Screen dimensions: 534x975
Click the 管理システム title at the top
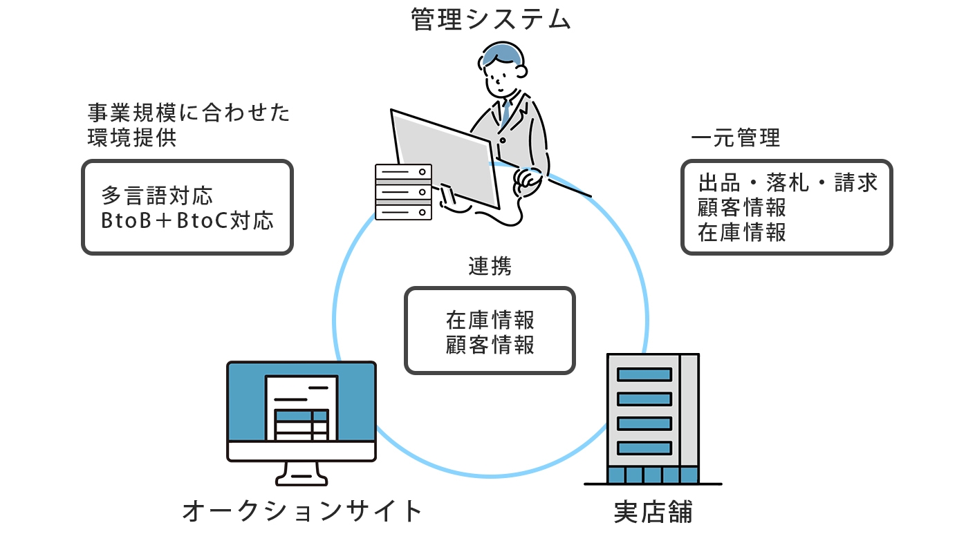[x=491, y=19]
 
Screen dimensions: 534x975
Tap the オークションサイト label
[x=302, y=512]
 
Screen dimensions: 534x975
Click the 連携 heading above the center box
[x=490, y=267]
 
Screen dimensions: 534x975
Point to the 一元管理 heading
[x=735, y=137]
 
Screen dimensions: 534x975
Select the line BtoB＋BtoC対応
[x=187, y=220]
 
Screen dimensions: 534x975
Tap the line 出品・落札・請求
[x=788, y=182]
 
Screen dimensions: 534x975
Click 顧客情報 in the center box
[x=490, y=344]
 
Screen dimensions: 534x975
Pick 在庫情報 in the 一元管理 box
[x=742, y=232]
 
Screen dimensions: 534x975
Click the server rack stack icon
[x=403, y=191]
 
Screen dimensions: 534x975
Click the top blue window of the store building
[x=644, y=374]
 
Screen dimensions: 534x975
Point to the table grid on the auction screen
[x=301, y=425]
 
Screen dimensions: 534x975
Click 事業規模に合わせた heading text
[x=189, y=113]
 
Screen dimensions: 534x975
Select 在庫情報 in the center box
[x=490, y=321]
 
